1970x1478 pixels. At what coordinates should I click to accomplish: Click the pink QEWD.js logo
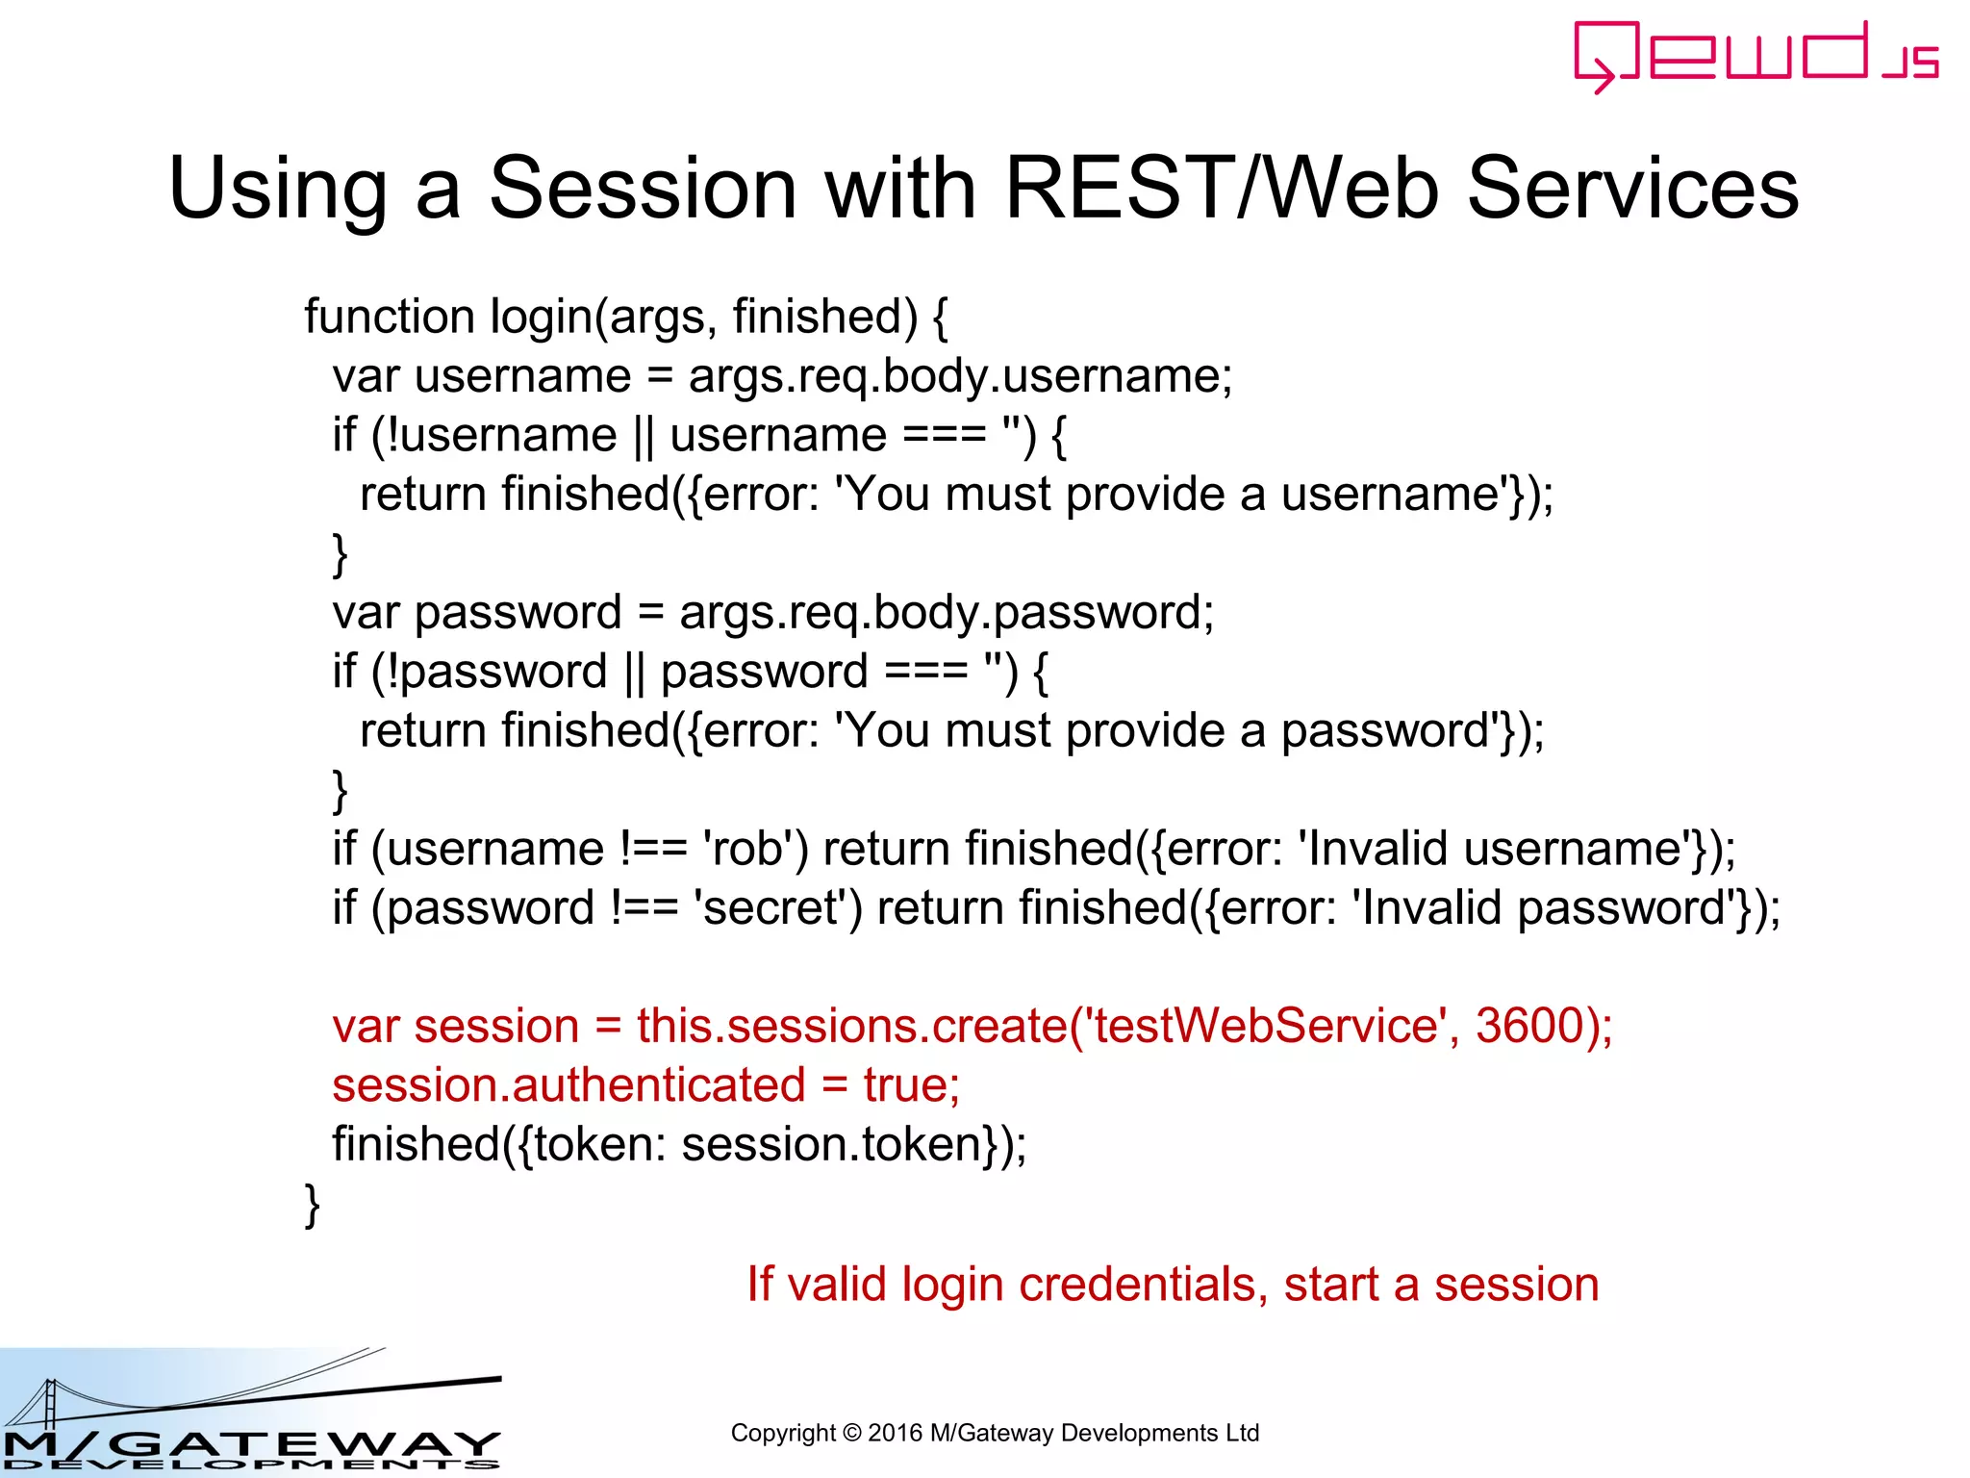tap(1755, 56)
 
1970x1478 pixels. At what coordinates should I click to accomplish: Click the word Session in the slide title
tap(643, 188)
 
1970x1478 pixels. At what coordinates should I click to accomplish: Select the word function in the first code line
tap(390, 317)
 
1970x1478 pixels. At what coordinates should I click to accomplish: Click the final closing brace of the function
tap(312, 1205)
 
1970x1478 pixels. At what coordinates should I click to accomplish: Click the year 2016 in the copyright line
tap(895, 1433)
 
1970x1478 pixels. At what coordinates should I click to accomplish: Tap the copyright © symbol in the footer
tap(852, 1433)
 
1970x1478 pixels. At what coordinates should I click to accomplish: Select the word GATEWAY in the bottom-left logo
tap(308, 1444)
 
